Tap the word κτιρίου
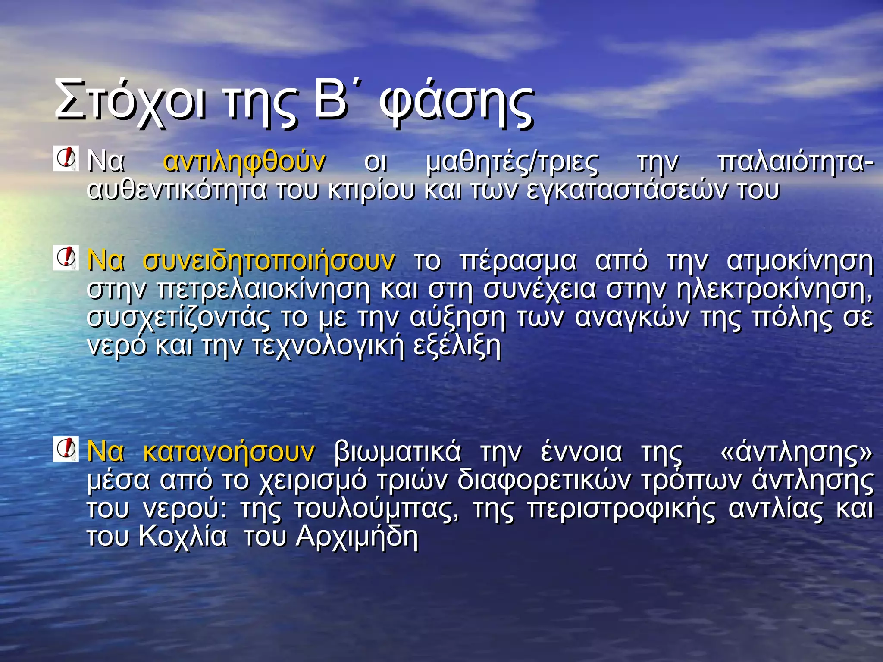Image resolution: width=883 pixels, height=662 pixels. point(371,190)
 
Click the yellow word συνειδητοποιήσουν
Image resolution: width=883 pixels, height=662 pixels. point(269,261)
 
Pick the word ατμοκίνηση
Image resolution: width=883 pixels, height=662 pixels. point(800,261)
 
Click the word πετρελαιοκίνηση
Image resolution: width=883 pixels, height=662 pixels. point(263,289)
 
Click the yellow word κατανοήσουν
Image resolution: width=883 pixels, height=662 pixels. point(229,452)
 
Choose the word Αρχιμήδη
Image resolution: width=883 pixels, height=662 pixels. point(357,537)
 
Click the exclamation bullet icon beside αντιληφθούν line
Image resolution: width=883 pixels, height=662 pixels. point(66,158)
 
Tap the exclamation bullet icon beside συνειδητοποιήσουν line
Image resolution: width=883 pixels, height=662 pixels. point(66,258)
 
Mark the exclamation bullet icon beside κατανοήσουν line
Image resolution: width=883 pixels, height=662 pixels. point(66,449)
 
